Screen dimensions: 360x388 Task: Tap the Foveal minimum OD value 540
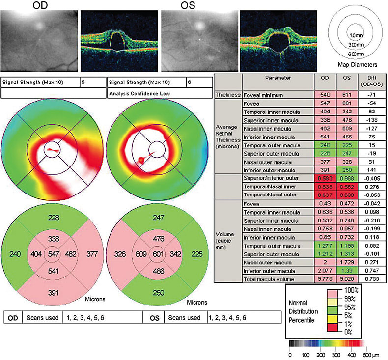click(x=325, y=94)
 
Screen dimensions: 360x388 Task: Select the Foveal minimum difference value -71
click(x=368, y=94)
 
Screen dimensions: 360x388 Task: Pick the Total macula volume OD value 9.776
click(x=325, y=279)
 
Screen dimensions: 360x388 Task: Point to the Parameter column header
click(x=278, y=77)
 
